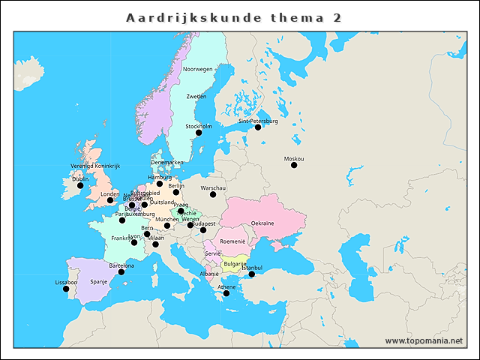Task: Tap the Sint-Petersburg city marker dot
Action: (x=258, y=127)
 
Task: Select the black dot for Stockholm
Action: (x=199, y=133)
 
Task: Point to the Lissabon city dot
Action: (x=66, y=289)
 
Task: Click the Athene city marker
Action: (x=226, y=294)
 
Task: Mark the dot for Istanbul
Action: (x=252, y=274)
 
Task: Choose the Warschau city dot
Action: (x=213, y=194)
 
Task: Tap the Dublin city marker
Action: (x=80, y=186)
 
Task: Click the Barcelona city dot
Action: (x=121, y=271)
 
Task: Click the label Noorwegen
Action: (x=198, y=69)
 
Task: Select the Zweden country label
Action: (x=196, y=97)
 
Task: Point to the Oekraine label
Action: (x=262, y=223)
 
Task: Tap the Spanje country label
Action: (x=99, y=282)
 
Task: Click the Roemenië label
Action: (x=232, y=241)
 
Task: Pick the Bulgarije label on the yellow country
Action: (x=235, y=263)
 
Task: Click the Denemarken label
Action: (x=166, y=162)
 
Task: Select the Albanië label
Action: (x=209, y=274)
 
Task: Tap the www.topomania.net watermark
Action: (x=424, y=341)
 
